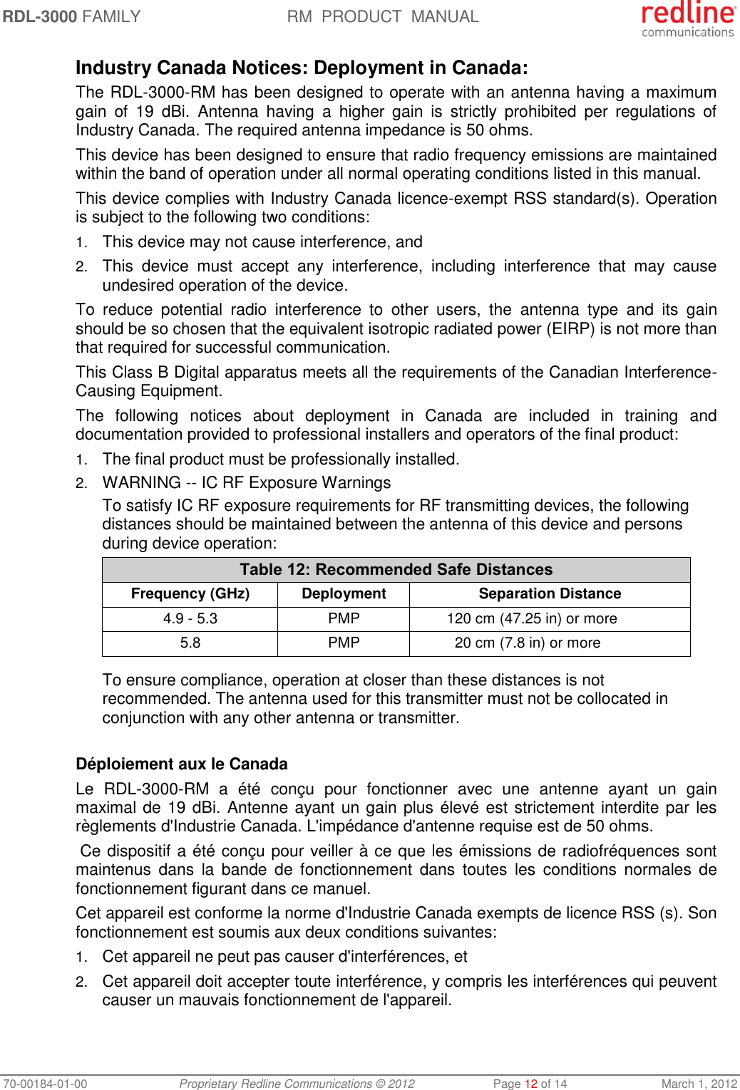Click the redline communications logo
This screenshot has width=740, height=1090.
pyautogui.click(x=687, y=19)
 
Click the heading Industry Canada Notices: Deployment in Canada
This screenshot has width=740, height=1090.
pyautogui.click(x=302, y=68)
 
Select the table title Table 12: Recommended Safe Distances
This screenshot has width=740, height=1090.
pyautogui.click(x=396, y=570)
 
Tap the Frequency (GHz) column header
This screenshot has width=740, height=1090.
pyautogui.click(x=190, y=594)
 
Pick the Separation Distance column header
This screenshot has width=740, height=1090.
pyautogui.click(x=550, y=594)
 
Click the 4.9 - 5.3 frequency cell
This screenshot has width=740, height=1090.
pyautogui.click(x=190, y=618)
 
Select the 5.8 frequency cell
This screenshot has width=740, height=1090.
pyautogui.click(x=190, y=643)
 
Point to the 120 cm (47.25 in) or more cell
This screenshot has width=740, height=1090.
pyautogui.click(x=532, y=618)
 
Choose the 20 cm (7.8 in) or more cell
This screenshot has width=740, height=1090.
pyautogui.click(x=528, y=643)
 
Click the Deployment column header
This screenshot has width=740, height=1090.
pyautogui.click(x=344, y=594)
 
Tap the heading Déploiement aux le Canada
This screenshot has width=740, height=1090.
pyautogui.click(x=182, y=764)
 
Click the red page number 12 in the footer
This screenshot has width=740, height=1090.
pyautogui.click(x=531, y=1084)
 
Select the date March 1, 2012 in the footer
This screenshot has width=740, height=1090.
pyautogui.click(x=699, y=1084)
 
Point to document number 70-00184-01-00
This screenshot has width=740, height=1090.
pyautogui.click(x=44, y=1084)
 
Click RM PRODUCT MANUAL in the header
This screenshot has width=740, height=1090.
pyautogui.click(x=383, y=16)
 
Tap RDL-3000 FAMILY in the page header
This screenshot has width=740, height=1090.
pyautogui.click(x=71, y=16)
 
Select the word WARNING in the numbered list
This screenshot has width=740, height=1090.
pyautogui.click(x=142, y=483)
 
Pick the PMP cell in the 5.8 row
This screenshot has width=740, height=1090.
pyautogui.click(x=344, y=643)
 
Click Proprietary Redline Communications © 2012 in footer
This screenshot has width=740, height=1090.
pyautogui.click(x=297, y=1084)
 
